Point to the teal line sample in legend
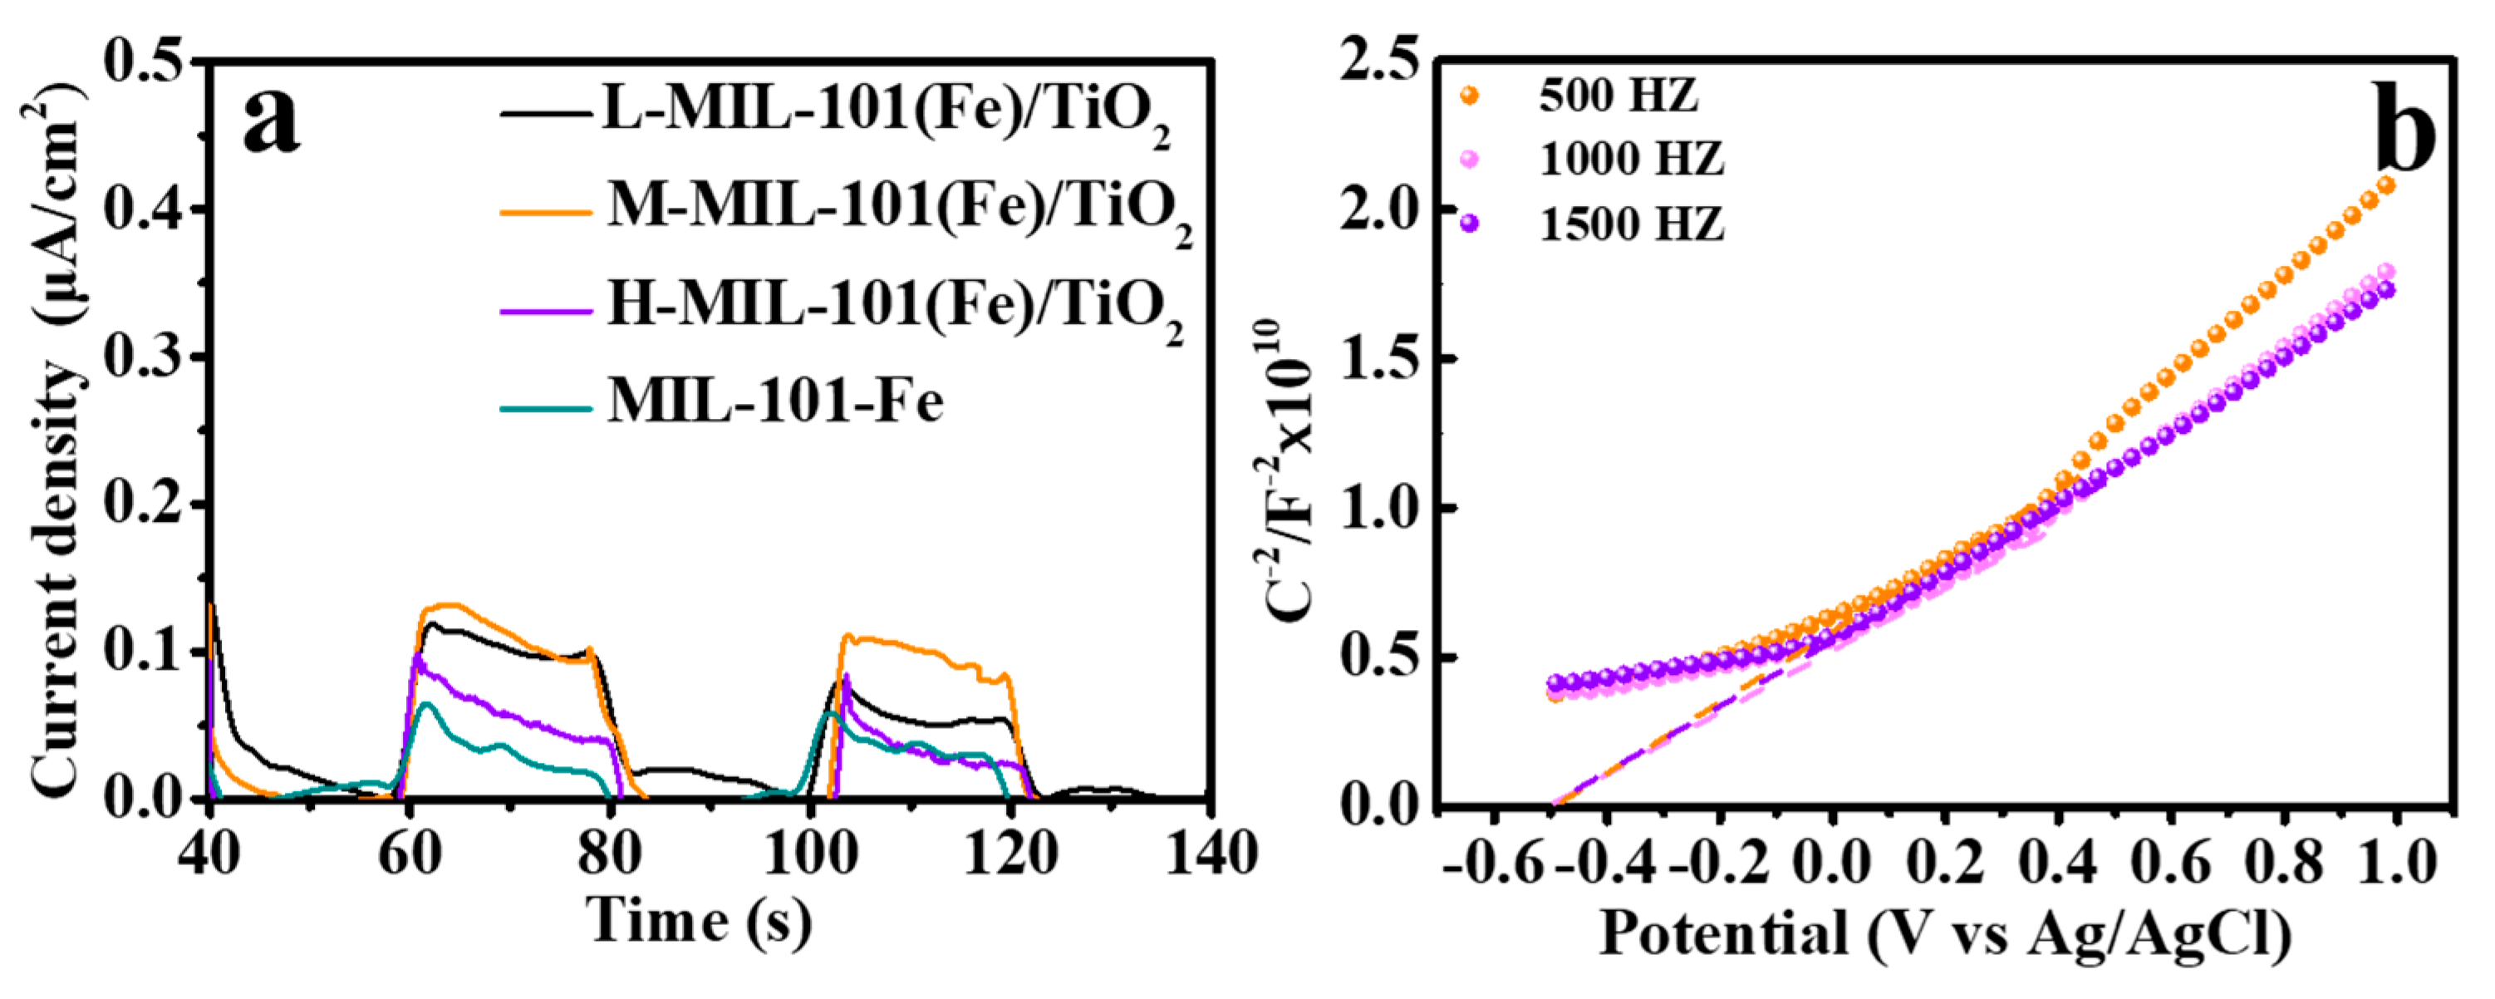[545, 408]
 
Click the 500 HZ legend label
[1618, 96]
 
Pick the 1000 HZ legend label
[1632, 159]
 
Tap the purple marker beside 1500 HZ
[1469, 224]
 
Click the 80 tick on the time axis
[610, 854]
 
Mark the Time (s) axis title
[700, 921]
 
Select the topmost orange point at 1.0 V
[2385, 185]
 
